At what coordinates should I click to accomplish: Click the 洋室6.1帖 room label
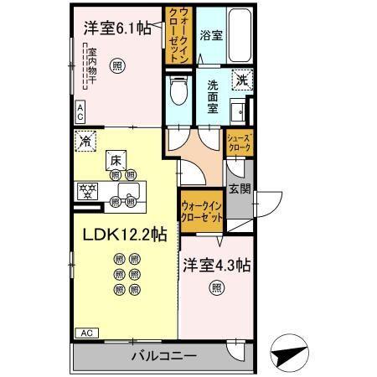tap(116, 28)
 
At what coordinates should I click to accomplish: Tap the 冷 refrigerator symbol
tap(85, 142)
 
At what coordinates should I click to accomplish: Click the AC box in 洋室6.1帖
tap(80, 107)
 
